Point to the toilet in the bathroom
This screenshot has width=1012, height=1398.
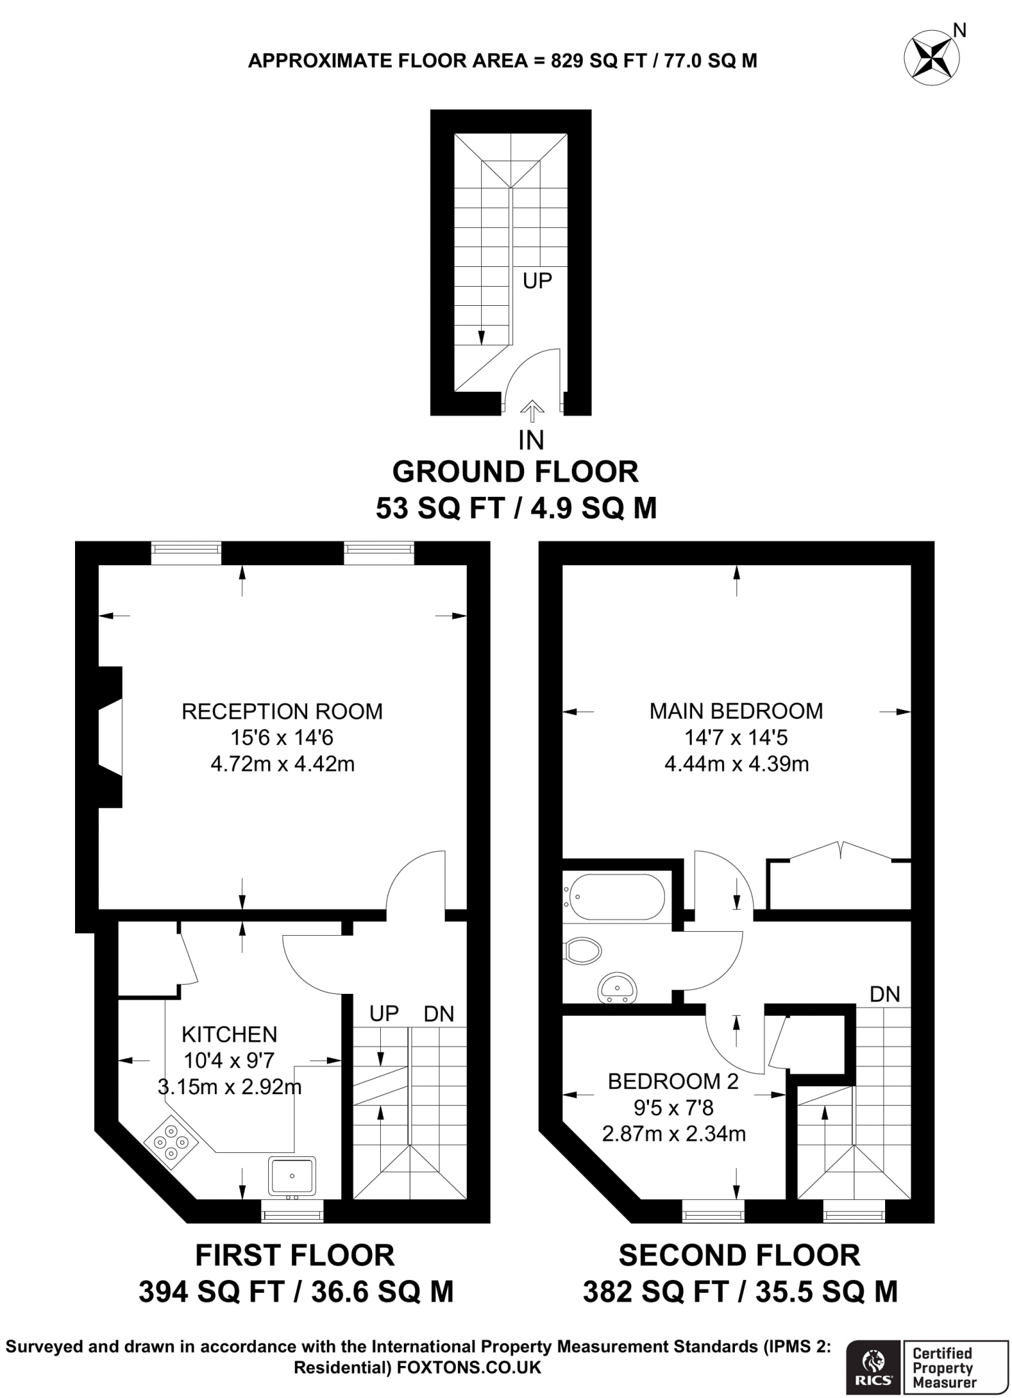pyautogui.click(x=583, y=950)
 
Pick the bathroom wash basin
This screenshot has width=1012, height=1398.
pyautogui.click(x=617, y=987)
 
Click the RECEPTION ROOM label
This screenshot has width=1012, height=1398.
pyautogui.click(x=282, y=711)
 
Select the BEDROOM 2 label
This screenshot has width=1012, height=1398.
pyautogui.click(x=673, y=1081)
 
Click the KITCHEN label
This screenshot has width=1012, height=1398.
pyautogui.click(x=229, y=1034)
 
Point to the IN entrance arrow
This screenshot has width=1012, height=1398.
pyautogui.click(x=532, y=412)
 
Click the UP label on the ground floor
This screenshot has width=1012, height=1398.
pyautogui.click(x=537, y=281)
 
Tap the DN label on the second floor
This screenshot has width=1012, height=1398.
pyautogui.click(x=884, y=994)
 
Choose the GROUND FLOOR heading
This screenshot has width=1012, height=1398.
pyautogui.click(x=515, y=472)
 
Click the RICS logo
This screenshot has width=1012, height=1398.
pyautogui.click(x=874, y=1366)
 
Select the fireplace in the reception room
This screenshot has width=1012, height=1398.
pyautogui.click(x=111, y=737)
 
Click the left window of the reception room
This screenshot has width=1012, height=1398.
pyautogui.click(x=186, y=552)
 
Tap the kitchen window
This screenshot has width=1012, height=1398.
pyautogui.click(x=292, y=1214)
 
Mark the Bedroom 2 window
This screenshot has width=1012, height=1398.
pyautogui.click(x=713, y=1214)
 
